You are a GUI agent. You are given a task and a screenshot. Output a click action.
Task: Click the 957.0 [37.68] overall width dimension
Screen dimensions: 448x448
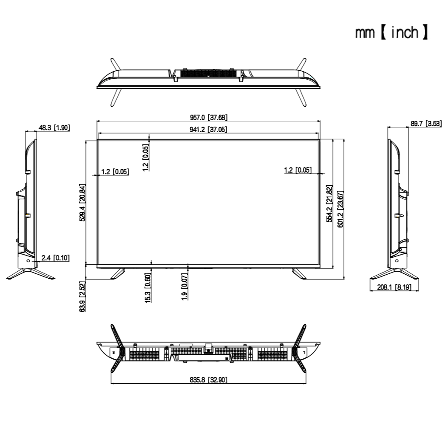(209, 117)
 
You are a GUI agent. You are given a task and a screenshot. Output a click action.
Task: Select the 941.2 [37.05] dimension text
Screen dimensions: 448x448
(208, 129)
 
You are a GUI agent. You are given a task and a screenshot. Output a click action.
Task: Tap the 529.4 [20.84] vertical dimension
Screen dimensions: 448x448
(82, 203)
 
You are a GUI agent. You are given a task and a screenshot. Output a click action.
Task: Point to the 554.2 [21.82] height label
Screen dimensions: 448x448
(329, 203)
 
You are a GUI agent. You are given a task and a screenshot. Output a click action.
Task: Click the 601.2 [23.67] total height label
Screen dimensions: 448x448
(340, 209)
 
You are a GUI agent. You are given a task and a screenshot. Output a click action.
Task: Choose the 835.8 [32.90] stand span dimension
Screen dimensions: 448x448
(209, 380)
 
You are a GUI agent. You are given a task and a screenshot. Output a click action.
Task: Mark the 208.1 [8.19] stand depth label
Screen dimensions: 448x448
(394, 287)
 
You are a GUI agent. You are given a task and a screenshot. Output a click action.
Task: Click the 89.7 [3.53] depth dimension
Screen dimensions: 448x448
(426, 123)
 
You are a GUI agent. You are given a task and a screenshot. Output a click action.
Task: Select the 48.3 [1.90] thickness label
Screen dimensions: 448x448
(54, 127)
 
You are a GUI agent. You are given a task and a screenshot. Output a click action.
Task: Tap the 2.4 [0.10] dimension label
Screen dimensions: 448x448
(56, 258)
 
